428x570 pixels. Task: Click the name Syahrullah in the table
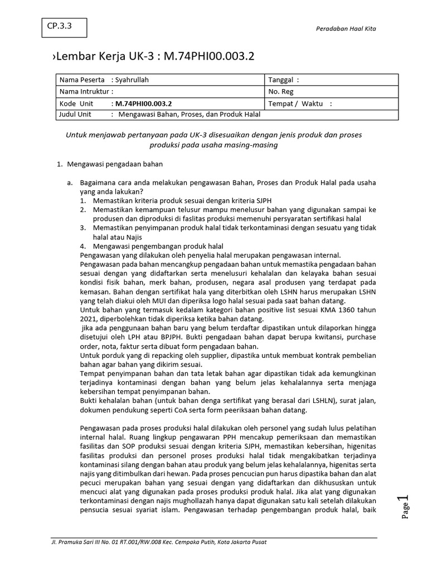point(132,80)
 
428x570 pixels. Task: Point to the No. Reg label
point(281,91)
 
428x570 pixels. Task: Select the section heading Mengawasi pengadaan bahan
point(115,165)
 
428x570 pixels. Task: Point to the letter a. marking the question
point(70,182)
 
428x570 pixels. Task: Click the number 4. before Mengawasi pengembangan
point(82,245)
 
